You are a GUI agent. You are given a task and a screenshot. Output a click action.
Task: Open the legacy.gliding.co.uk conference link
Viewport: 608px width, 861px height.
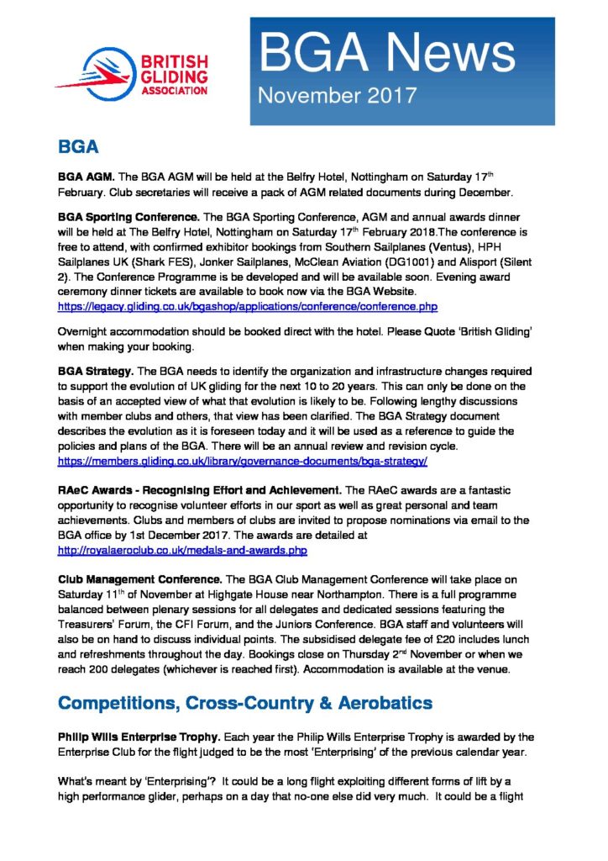point(248,306)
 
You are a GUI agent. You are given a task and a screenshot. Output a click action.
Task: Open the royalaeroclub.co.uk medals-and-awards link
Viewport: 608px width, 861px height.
point(182,550)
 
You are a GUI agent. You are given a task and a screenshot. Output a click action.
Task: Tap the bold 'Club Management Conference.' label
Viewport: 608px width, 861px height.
point(139,580)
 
